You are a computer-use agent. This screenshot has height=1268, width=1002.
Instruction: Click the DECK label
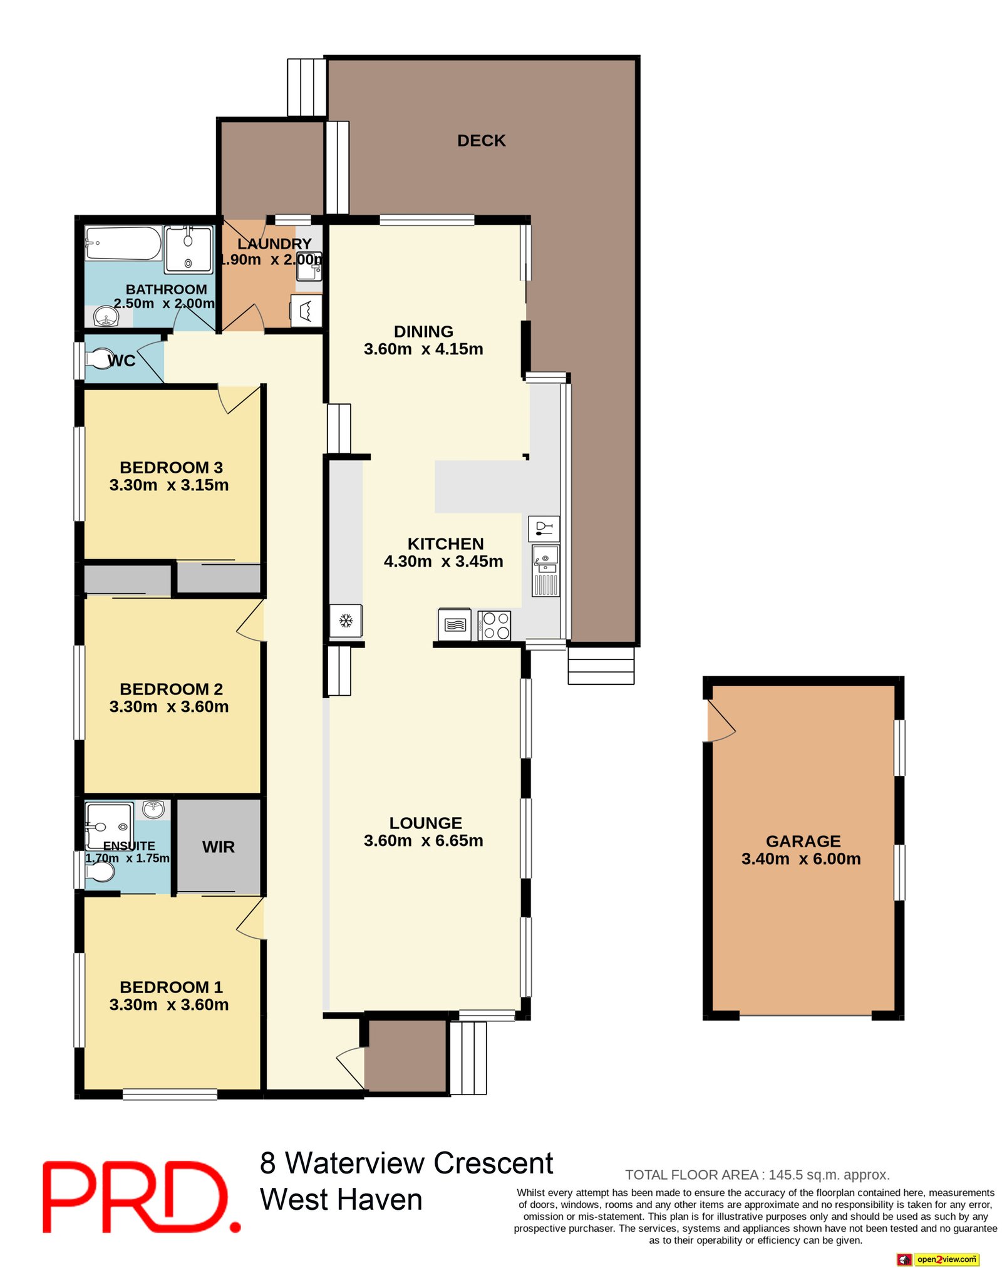click(x=481, y=140)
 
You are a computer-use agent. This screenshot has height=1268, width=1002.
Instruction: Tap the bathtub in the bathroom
click(x=123, y=243)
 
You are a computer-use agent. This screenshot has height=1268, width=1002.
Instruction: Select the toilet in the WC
click(x=100, y=359)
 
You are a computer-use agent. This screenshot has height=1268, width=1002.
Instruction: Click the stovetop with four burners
click(x=494, y=624)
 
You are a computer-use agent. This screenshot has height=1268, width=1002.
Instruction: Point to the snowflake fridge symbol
click(x=346, y=621)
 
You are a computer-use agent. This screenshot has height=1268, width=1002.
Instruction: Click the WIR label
click(x=219, y=847)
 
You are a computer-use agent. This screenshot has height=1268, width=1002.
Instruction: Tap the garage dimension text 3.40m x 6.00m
click(x=801, y=858)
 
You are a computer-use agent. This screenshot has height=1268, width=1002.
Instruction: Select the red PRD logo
click(x=142, y=1197)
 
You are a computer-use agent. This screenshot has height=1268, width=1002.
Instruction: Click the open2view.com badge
click(x=937, y=1259)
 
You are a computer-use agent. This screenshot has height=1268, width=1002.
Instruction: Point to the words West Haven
click(x=341, y=1200)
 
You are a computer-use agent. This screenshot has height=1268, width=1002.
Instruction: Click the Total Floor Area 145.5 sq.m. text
click(x=757, y=1175)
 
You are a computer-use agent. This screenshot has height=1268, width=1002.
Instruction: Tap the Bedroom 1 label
click(x=171, y=987)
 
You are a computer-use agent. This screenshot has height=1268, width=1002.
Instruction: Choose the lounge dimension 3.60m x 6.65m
click(x=423, y=840)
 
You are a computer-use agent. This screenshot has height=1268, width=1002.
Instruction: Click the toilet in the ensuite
click(x=100, y=870)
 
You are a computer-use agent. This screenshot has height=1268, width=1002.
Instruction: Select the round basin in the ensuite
click(x=153, y=809)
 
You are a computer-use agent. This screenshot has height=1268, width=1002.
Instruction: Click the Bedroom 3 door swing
click(x=239, y=399)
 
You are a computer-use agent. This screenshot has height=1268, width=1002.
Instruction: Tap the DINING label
click(x=423, y=331)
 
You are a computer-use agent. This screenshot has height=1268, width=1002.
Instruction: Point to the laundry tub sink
click(x=309, y=265)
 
